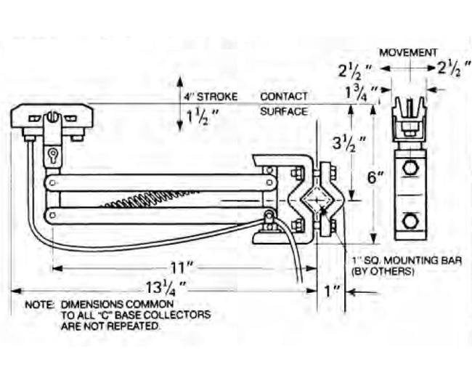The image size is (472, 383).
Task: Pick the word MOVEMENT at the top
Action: coord(408,53)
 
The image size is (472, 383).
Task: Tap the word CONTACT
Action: coord(284,97)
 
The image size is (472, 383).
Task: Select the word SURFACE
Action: coord(284,112)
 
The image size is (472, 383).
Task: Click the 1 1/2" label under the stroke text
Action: coord(201,116)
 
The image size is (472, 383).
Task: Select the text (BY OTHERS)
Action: coord(383,271)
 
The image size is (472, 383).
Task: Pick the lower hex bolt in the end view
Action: coord(410,219)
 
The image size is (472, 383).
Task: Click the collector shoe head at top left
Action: coord(52,116)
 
